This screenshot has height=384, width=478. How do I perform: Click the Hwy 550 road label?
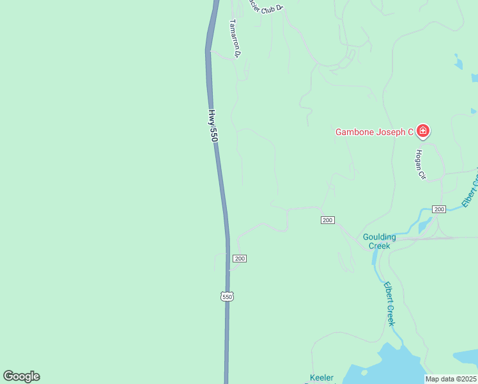(x=213, y=124)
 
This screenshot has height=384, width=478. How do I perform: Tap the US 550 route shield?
(x=227, y=296)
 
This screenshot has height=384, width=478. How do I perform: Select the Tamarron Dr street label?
(x=234, y=38)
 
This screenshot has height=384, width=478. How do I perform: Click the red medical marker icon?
(x=422, y=131)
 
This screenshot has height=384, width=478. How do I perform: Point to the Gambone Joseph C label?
(x=374, y=132)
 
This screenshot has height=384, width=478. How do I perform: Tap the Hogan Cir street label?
(x=420, y=164)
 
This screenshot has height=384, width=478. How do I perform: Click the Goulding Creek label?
(x=380, y=241)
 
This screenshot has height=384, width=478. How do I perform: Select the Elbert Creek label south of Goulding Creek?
(x=390, y=304)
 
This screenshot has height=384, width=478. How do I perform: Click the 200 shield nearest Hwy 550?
(x=239, y=259)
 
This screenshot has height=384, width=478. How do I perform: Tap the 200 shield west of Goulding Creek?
(x=327, y=220)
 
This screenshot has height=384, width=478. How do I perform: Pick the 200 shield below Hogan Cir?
(x=438, y=209)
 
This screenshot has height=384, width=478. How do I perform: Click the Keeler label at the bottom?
(x=321, y=378)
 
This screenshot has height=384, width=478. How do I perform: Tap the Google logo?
(x=21, y=376)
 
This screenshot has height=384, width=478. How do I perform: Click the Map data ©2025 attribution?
(x=450, y=379)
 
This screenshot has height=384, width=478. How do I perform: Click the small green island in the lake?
(x=364, y=372)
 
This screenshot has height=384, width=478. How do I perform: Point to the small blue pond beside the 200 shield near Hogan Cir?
(x=423, y=225)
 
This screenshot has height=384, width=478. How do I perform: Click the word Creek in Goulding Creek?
(x=380, y=246)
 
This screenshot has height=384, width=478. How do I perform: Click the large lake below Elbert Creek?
(x=390, y=365)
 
